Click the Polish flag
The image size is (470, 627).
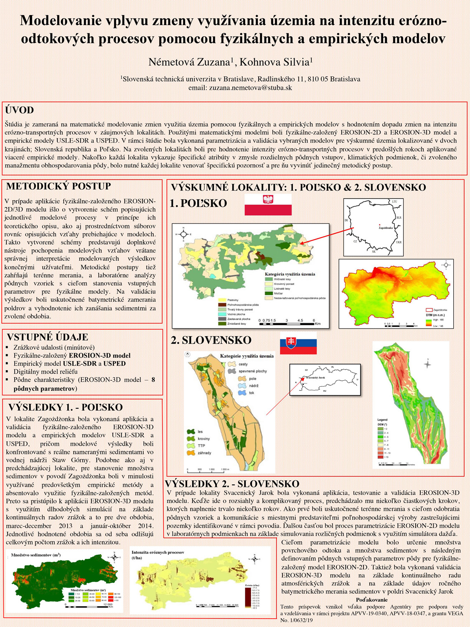(268, 204)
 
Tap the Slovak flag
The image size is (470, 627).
(298, 343)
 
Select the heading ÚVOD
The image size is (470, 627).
(20, 110)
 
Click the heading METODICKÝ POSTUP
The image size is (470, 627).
(59, 186)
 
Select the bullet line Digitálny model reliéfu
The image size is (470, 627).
(46, 372)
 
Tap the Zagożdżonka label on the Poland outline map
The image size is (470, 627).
(386, 228)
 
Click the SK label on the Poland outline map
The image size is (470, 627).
(373, 252)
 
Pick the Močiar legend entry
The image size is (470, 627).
(278, 293)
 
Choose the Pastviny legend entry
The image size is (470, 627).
(233, 300)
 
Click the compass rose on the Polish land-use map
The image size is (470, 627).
(183, 234)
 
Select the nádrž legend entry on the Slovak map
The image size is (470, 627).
(253, 386)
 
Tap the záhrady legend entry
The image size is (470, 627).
(204, 453)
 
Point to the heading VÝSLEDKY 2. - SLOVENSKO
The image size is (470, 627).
(232, 484)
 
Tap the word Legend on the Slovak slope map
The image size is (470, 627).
(382, 420)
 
